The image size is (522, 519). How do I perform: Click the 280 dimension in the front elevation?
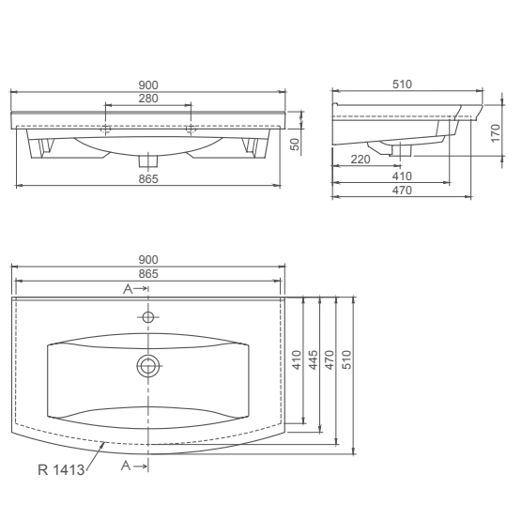pos(147,99)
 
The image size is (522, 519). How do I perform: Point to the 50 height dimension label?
pos(293,143)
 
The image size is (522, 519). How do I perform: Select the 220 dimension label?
pos(359,160)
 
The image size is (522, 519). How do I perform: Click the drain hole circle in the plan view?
pos(147,366)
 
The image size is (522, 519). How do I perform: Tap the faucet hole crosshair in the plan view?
pos(147,316)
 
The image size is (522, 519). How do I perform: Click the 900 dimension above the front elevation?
pos(147,85)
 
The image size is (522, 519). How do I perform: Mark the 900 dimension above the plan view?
pos(147,260)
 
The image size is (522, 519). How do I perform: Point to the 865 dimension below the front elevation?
pos(147,178)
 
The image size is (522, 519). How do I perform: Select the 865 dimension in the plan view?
pos(147,273)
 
